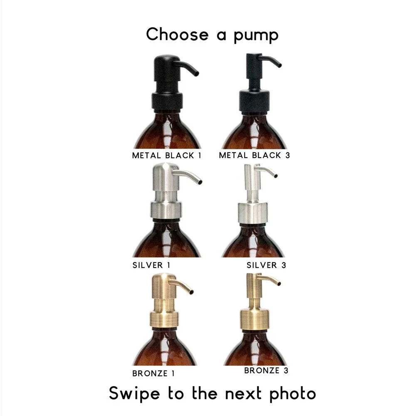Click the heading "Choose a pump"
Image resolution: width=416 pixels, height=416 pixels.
[212, 34]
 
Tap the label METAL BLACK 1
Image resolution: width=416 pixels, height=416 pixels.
[166, 156]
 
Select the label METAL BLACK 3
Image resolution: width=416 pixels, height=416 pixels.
[255, 156]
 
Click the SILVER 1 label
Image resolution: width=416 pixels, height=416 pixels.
[151, 265]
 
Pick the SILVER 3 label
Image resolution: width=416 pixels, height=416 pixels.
[266, 265]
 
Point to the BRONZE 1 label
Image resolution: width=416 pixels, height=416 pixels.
[154, 373]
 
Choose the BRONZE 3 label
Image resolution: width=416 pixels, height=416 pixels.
[266, 370]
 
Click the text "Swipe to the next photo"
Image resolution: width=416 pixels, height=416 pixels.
[212, 393]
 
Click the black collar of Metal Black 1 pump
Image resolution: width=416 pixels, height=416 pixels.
[167, 101]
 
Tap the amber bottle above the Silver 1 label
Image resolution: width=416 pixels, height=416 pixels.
[166, 241]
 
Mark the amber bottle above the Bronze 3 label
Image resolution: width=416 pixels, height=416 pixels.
[255, 349]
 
